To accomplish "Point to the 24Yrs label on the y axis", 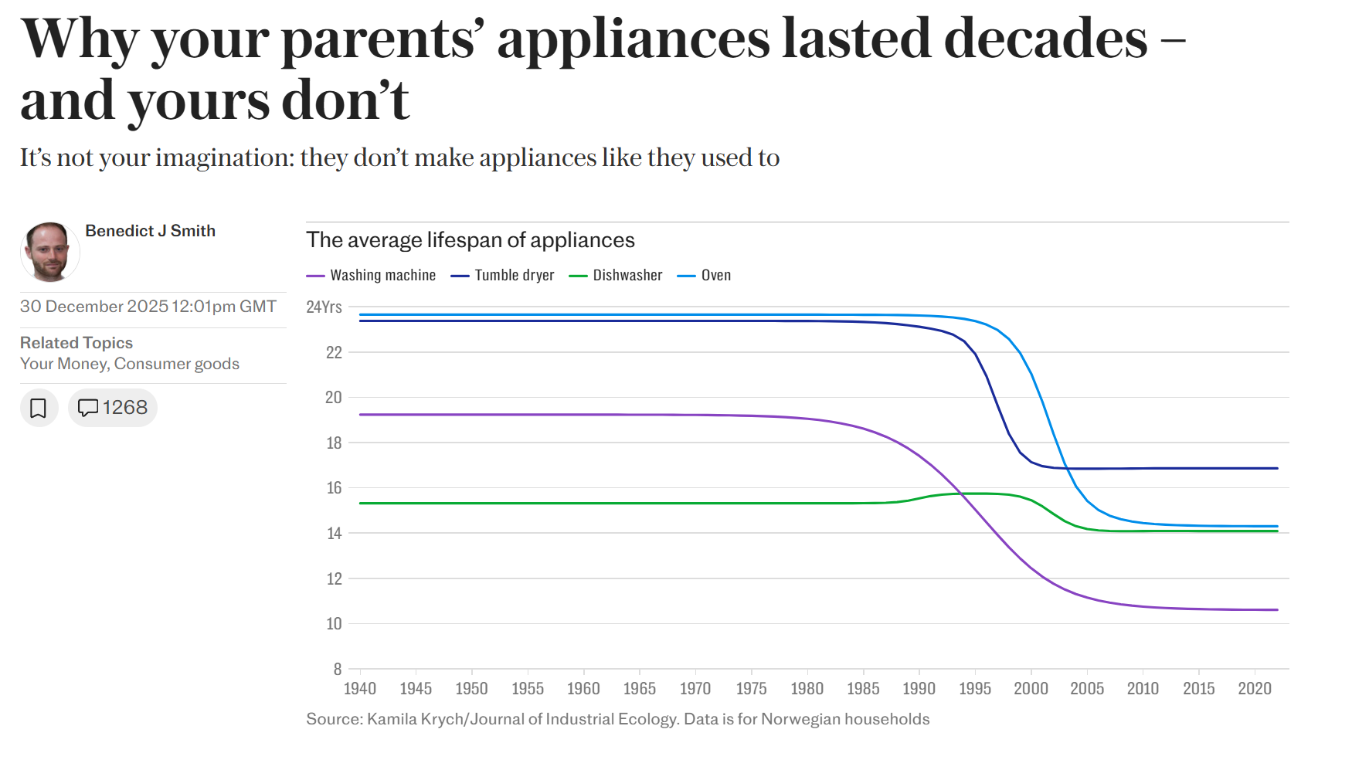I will [x=324, y=307].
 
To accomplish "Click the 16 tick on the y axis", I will [x=334, y=488].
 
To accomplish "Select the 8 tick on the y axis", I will [x=338, y=669].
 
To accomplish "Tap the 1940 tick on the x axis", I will [x=360, y=688].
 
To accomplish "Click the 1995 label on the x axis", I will [x=975, y=688].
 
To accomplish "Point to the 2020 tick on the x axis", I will [x=1255, y=688].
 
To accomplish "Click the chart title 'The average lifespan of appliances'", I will [x=470, y=240].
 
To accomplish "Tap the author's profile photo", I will [x=49, y=252].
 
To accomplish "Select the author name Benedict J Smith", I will [x=150, y=231].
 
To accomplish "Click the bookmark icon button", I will [x=39, y=408].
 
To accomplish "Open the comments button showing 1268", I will [x=113, y=408].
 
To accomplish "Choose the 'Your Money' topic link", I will [x=64, y=364].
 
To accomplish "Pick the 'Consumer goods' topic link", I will [x=177, y=364].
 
